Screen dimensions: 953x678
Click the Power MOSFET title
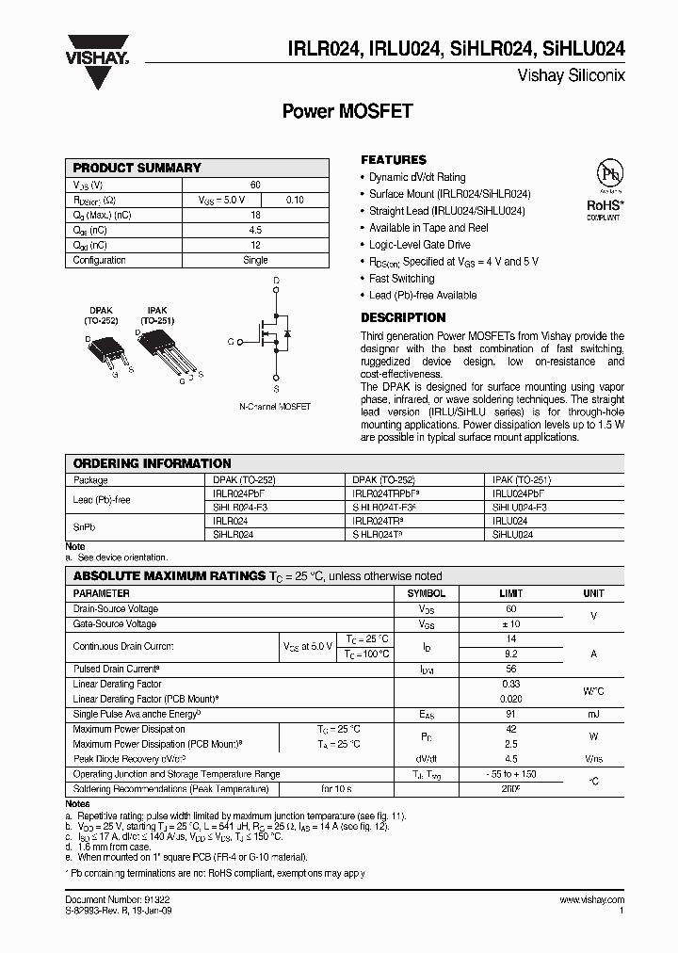pos(347,111)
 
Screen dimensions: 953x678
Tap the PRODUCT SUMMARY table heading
pos(137,168)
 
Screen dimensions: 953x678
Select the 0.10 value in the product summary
pos(295,200)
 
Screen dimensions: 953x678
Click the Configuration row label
pos(100,260)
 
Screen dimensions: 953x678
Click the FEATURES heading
pos(394,160)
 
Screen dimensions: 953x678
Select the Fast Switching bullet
pos(402,279)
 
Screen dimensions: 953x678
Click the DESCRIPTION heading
pos(403,318)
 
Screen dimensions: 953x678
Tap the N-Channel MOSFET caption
pos(275,407)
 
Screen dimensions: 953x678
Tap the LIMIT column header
pos(511,594)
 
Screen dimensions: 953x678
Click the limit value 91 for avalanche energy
pos(511,715)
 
